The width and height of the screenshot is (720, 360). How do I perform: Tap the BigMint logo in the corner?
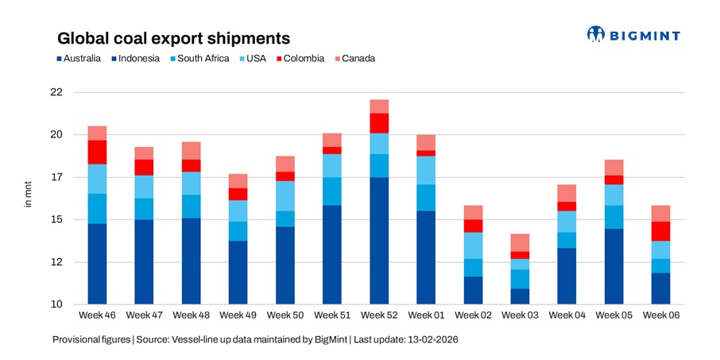(633, 34)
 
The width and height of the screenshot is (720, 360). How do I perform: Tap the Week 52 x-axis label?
(379, 315)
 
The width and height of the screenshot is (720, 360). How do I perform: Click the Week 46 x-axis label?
(97, 315)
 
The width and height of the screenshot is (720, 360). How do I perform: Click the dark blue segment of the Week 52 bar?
(379, 240)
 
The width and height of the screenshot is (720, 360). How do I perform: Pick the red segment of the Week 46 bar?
(97, 152)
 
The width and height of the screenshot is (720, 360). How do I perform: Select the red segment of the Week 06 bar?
(661, 230)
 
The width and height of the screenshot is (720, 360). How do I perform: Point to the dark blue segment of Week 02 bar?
(473, 290)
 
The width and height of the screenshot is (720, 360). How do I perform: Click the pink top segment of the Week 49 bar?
(238, 180)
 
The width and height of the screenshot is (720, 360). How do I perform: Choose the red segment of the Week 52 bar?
(379, 122)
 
